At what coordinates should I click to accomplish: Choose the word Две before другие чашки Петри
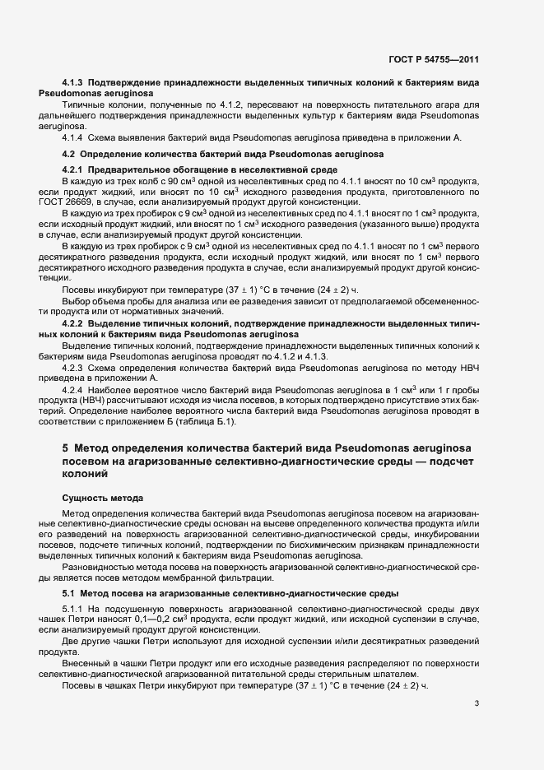click(x=72, y=640)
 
